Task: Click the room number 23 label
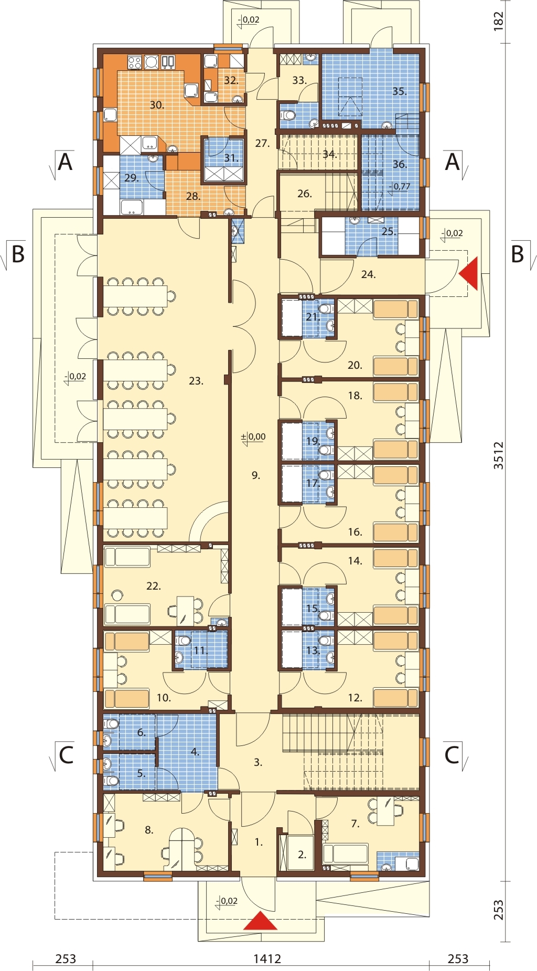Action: click(x=196, y=381)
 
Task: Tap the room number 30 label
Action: click(x=157, y=105)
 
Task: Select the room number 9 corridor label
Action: click(x=255, y=475)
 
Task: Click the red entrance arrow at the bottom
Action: click(x=260, y=921)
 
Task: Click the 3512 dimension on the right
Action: click(x=498, y=455)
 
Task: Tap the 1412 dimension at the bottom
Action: click(x=267, y=959)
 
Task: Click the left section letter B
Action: click(x=18, y=254)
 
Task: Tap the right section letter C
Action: click(x=452, y=755)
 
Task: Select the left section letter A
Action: click(x=65, y=162)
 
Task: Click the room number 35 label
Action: click(x=400, y=91)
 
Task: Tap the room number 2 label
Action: click(x=302, y=855)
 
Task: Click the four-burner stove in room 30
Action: click(x=135, y=63)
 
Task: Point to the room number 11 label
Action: click(x=201, y=651)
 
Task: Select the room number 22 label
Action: click(x=154, y=586)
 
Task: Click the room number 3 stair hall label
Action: click(x=258, y=762)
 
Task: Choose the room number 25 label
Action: click(x=389, y=231)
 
